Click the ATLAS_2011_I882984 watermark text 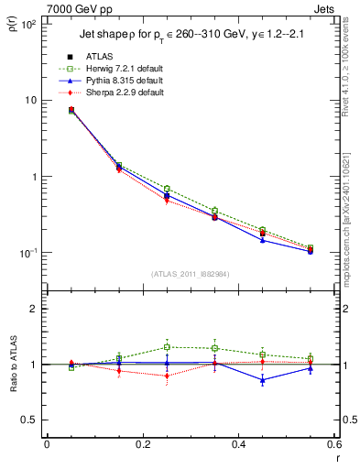[x=191, y=273]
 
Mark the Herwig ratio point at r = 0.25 [x=167, y=347]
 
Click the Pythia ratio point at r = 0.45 [x=262, y=379]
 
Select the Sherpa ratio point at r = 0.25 [x=167, y=376]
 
